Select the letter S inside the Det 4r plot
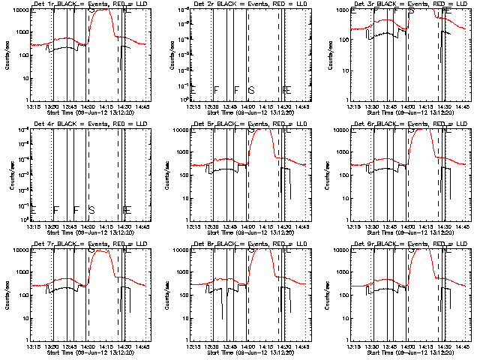click(91, 209)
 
